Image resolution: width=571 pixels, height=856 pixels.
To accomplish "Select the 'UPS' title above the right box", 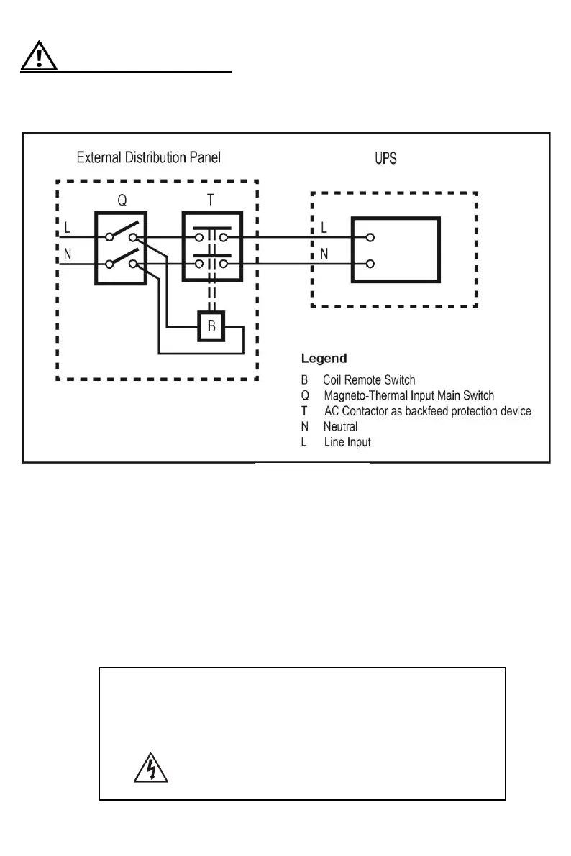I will tap(385, 157).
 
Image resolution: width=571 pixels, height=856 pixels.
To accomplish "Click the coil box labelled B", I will tap(211, 327).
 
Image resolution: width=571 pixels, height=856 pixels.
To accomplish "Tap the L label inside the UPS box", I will tap(324, 227).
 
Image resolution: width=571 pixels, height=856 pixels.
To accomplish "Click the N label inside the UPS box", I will tap(324, 253).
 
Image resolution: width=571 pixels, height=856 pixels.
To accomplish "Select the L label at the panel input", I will tap(67, 227).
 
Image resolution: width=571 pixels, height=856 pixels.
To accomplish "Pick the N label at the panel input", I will tap(67, 254).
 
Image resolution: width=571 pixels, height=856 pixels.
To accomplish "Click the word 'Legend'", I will tap(324, 358).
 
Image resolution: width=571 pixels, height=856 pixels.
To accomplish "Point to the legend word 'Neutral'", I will tap(340, 427).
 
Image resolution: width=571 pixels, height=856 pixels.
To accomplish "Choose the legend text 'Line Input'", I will tap(347, 442).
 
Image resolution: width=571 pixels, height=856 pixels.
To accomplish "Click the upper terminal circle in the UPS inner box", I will tap(370, 237).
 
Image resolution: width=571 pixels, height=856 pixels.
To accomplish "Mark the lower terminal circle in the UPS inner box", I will tap(370, 264).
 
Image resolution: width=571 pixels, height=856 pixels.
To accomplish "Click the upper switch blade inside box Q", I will tap(122, 231).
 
